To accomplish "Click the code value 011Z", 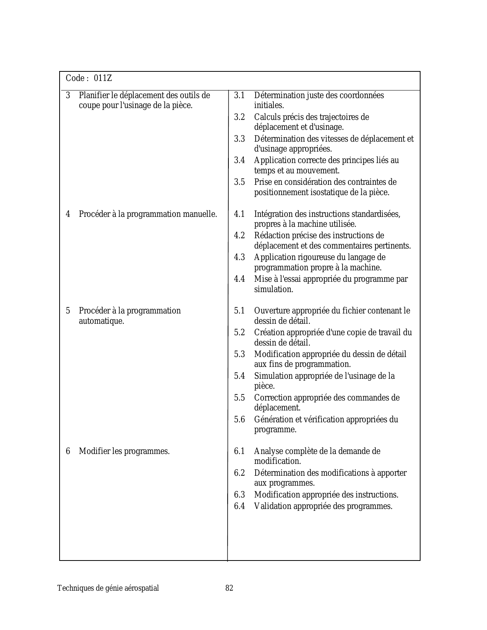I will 103,78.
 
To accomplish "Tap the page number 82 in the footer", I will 229,588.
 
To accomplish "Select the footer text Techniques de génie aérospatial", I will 108,588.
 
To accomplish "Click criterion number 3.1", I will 239,95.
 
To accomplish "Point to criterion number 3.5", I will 239,182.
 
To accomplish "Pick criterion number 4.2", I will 239,236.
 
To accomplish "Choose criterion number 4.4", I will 239,279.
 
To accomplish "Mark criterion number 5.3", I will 239,354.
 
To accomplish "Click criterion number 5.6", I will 239,420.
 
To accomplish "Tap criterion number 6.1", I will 239,451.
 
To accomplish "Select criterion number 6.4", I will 239,506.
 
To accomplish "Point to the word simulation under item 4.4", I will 273,289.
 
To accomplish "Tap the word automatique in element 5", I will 101,321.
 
